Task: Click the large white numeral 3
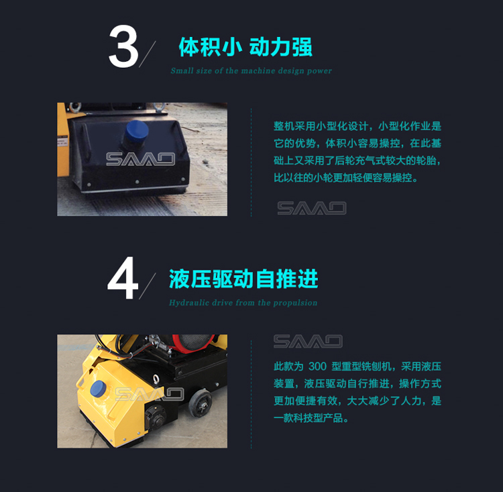coord(123,46)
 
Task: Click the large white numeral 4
coord(123,278)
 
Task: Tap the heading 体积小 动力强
coord(245,47)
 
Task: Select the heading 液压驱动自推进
coord(243,279)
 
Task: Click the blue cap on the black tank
coord(137,131)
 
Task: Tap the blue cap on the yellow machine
coord(98,389)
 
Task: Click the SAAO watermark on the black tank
coord(141,159)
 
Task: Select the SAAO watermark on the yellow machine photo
coord(150,394)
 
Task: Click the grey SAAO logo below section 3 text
coord(312,208)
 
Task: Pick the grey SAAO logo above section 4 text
coord(308,342)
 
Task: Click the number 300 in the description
coord(317,366)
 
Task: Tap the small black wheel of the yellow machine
coord(200,403)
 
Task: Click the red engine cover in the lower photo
coord(192,342)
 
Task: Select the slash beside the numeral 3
coord(148,54)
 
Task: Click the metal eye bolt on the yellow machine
coord(156,379)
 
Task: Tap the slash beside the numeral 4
coord(148,286)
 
